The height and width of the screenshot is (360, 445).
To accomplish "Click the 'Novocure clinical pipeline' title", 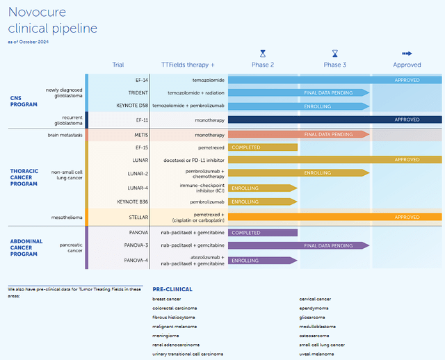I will click(52, 20).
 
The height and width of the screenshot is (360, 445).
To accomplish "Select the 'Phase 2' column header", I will click(262, 65).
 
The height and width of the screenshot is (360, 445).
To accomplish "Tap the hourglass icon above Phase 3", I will click(334, 53).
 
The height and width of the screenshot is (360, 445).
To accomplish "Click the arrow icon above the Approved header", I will click(407, 53).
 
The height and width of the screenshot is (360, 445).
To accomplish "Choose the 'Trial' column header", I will click(118, 65).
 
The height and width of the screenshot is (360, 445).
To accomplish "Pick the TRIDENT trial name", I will click(138, 92).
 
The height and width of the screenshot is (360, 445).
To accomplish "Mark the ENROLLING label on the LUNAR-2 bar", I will click(317, 173).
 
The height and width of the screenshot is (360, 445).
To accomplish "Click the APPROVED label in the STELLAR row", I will click(407, 217).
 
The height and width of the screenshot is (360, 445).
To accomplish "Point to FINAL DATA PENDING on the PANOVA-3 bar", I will click(328, 245).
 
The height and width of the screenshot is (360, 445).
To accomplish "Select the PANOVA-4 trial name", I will click(136, 261).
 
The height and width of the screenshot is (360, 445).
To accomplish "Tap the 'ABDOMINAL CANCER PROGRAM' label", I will click(26, 247).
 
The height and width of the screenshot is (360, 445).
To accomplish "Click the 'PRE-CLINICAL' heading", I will click(172, 289).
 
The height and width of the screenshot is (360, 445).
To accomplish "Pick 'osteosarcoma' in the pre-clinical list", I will click(314, 335).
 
